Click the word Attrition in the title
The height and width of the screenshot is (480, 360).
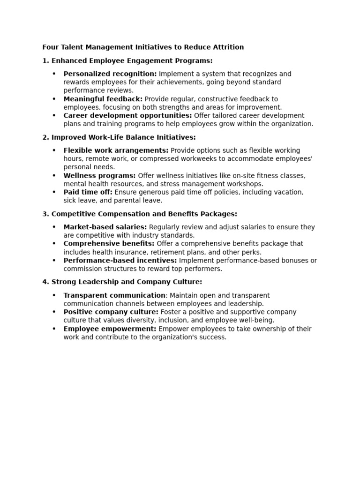tap(228, 47)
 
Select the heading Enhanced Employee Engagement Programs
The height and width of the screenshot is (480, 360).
tap(132, 61)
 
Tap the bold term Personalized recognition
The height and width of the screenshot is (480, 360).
tap(110, 74)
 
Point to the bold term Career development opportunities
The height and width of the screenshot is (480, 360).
tap(127, 116)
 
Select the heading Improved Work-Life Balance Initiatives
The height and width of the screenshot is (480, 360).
tap(123, 137)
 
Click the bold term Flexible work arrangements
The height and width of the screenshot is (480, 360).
tap(116, 150)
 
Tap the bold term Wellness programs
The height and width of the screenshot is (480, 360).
tap(99, 176)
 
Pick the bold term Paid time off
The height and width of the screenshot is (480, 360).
tap(88, 192)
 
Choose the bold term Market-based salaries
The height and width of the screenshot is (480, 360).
tap(105, 227)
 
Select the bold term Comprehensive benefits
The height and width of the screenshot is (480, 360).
tap(109, 244)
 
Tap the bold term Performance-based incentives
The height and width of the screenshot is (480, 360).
tap(120, 261)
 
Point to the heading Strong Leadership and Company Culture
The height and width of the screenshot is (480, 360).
tap(127, 282)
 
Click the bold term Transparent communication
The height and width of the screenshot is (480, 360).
tap(114, 296)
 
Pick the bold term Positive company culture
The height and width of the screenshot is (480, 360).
tap(111, 312)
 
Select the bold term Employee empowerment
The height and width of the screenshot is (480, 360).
tap(110, 329)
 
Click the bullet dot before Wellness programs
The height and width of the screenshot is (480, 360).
tap(54, 176)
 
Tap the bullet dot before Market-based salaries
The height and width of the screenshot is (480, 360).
tap(54, 227)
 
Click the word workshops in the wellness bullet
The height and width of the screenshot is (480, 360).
tap(247, 184)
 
